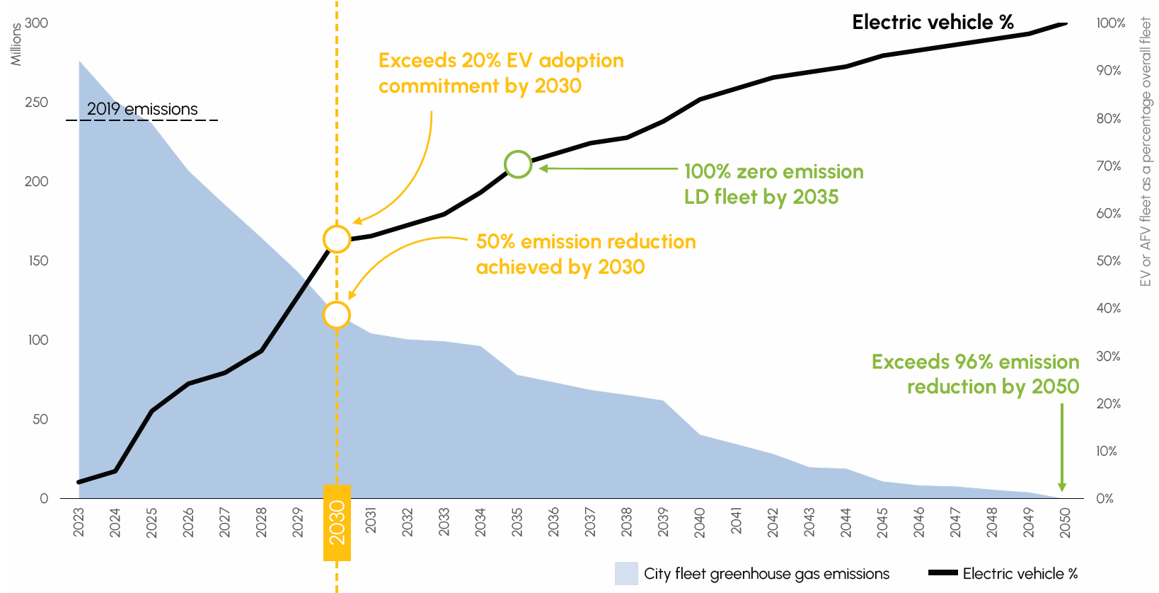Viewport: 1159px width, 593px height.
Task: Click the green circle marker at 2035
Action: pyautogui.click(x=518, y=164)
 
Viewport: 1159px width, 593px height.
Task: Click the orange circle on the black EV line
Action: pyautogui.click(x=337, y=239)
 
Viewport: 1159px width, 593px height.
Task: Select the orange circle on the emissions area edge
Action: pyautogui.click(x=337, y=315)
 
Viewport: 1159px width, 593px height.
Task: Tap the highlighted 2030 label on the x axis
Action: pyautogui.click(x=337, y=523)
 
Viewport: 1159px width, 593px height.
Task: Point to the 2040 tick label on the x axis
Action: pyautogui.click(x=700, y=523)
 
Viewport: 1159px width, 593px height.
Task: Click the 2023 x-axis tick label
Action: pyautogui.click(x=79, y=523)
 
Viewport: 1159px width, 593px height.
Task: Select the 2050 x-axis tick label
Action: pyautogui.click(x=1065, y=523)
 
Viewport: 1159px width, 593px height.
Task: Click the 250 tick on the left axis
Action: pyautogui.click(x=36, y=102)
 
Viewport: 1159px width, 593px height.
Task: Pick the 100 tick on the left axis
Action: pyautogui.click(x=38, y=340)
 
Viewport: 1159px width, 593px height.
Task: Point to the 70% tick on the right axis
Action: pyautogui.click(x=1109, y=166)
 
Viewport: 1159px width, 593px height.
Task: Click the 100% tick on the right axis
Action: pyautogui.click(x=1110, y=23)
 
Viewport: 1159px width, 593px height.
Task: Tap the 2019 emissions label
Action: pyautogui.click(x=142, y=109)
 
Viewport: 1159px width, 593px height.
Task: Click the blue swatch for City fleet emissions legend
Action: pyautogui.click(x=626, y=573)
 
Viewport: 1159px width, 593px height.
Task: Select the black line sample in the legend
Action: pyautogui.click(x=942, y=573)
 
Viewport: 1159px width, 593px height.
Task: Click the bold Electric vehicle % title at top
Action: pyautogui.click(x=933, y=23)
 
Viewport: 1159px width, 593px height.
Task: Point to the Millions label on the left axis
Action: pyautogui.click(x=16, y=45)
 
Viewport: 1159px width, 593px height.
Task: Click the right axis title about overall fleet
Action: pyautogui.click(x=1146, y=152)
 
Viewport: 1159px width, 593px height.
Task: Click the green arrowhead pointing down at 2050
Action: pyautogui.click(x=1062, y=487)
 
